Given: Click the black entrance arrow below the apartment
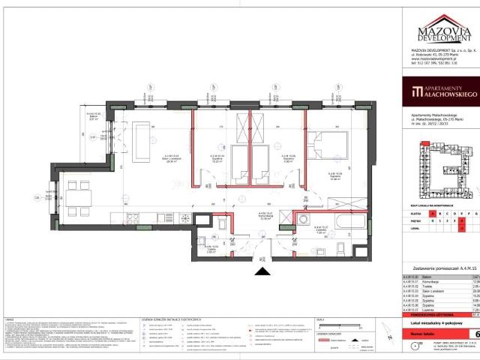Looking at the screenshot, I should click(262, 274).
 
